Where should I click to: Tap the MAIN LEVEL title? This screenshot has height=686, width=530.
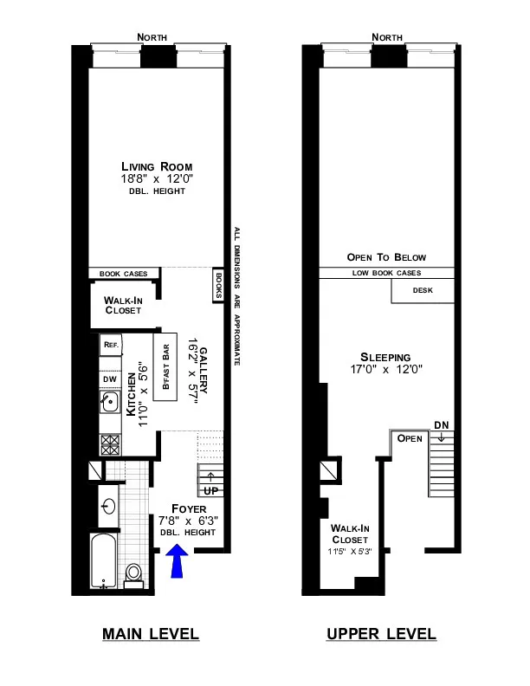pos(151,635)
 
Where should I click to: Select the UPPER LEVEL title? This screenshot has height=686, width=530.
pos(381,635)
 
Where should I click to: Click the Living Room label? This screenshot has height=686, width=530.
pos(156,166)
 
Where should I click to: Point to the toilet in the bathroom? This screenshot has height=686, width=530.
pos(133,573)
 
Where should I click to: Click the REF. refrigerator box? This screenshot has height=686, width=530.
pos(111,345)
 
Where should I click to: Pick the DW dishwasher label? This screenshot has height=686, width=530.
pos(110,379)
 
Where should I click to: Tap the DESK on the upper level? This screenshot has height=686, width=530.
pos(423,291)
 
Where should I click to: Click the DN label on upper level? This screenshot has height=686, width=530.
pos(441,425)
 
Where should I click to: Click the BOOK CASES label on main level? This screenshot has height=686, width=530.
pos(124,274)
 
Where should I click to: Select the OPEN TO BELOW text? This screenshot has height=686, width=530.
pos(386,257)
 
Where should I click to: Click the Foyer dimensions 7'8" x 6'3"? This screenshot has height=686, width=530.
pos(187,521)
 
